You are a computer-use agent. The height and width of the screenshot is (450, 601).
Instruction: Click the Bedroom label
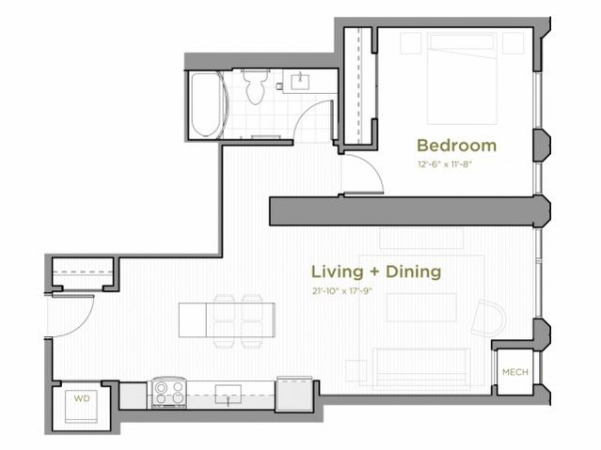point(456,146)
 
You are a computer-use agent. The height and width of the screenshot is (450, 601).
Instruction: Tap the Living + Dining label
point(376,272)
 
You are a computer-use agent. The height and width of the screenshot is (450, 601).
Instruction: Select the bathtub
point(204,104)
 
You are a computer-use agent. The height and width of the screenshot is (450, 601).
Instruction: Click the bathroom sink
point(300,81)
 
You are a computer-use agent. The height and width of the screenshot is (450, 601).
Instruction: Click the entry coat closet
point(82,272)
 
